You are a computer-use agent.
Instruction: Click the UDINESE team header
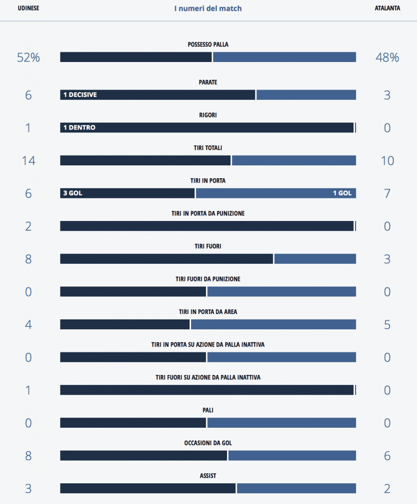[x=28, y=8]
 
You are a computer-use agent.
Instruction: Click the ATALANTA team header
[x=387, y=8]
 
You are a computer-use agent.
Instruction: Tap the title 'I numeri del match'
[x=208, y=8]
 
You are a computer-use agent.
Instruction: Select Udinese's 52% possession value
[x=28, y=58]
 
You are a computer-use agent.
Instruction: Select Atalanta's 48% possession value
[x=387, y=58]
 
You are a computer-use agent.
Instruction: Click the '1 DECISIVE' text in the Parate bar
[x=80, y=95]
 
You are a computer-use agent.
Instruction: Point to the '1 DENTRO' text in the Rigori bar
[x=79, y=127]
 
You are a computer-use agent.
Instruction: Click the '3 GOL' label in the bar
[x=72, y=193]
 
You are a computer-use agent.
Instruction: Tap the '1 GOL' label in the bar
[x=342, y=193]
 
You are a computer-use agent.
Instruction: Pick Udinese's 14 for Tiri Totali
[x=28, y=160]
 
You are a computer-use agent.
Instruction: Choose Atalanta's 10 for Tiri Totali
[x=387, y=160]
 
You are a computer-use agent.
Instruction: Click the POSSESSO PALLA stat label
[x=208, y=45]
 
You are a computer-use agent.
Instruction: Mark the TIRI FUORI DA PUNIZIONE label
[x=208, y=279]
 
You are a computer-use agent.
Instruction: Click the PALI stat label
[x=208, y=410]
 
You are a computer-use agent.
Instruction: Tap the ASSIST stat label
[x=208, y=476]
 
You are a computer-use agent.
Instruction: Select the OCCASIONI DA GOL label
[x=208, y=443]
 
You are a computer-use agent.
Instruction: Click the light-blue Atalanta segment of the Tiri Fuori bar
[x=315, y=259]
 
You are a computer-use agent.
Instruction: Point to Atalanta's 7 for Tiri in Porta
[x=387, y=193]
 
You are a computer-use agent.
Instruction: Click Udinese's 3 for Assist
[x=28, y=489]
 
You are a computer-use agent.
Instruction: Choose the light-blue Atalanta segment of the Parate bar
[x=306, y=95]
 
